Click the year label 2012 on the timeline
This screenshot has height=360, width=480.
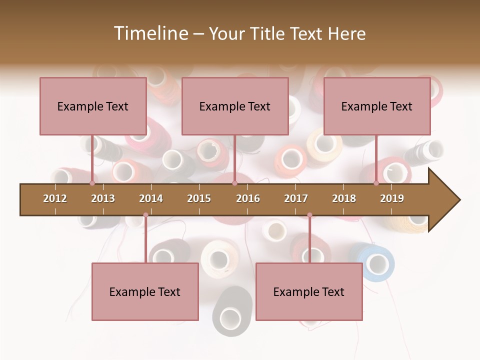click(55, 198)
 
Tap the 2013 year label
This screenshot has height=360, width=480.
click(103, 198)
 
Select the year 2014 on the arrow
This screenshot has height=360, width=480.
click(151, 198)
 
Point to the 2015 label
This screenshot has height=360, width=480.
click(199, 198)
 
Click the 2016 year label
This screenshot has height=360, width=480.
click(248, 198)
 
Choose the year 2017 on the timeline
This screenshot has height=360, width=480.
click(296, 198)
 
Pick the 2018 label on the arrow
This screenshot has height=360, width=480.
click(344, 198)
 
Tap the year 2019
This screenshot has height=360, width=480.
click(392, 198)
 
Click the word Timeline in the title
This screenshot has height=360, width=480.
click(150, 33)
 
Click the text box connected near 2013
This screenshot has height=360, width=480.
click(93, 106)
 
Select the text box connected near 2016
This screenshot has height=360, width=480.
click(235, 106)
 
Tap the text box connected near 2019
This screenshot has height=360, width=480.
click(377, 106)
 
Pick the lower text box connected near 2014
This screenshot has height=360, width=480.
click(145, 291)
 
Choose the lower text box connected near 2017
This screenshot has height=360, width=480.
click(309, 291)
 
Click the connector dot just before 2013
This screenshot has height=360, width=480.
click(92, 183)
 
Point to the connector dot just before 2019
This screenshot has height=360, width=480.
click(376, 183)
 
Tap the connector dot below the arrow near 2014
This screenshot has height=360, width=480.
click(145, 215)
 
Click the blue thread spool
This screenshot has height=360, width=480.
click(376, 262)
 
